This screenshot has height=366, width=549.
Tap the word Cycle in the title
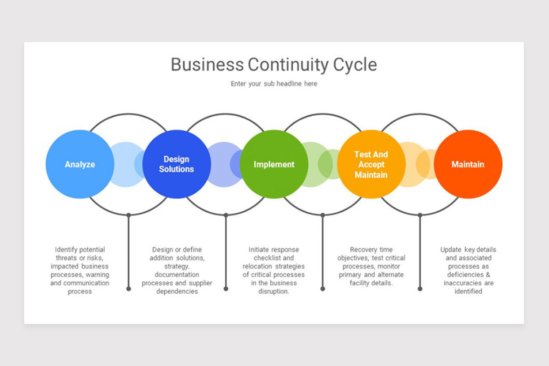click(355, 65)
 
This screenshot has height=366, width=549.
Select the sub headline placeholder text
click(274, 84)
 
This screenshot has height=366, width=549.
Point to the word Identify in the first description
click(67, 250)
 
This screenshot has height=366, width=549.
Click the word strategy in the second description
click(177, 266)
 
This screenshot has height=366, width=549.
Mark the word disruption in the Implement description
click(274, 291)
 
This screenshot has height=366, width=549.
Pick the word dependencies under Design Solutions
click(177, 291)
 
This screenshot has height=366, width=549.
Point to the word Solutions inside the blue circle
click(177, 169)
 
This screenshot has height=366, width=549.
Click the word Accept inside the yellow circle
click(371, 164)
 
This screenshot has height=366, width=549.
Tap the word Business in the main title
click(207, 65)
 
